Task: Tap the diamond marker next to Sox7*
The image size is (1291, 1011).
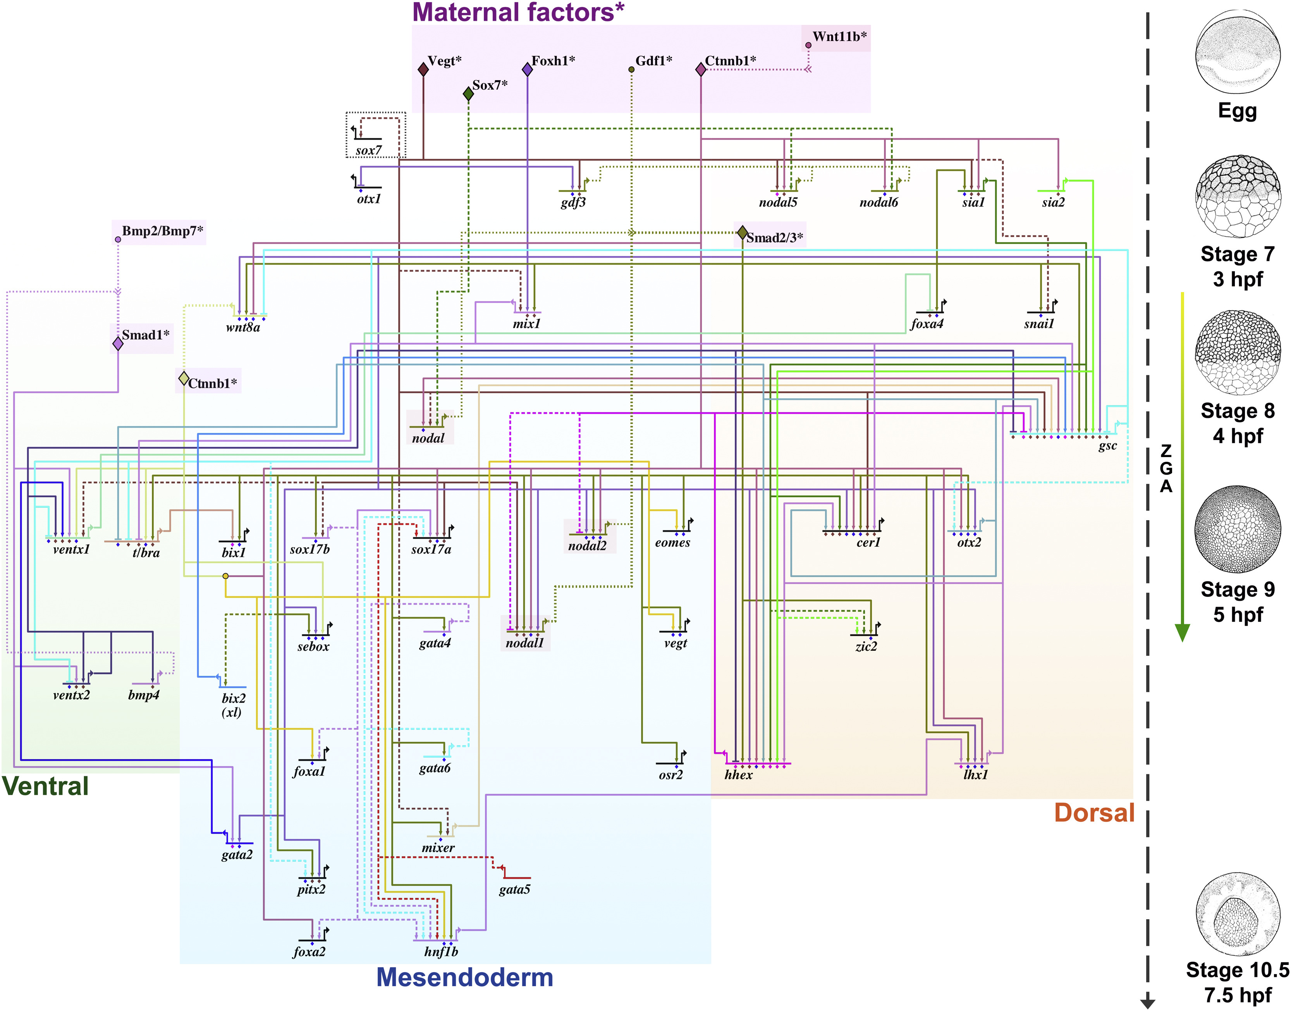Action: coord(468,93)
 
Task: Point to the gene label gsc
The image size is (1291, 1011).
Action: coord(1107,446)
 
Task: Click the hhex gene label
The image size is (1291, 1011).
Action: coord(738,774)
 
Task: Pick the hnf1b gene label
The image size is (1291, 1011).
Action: coord(441,951)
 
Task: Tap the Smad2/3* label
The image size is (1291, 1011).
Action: coord(774,238)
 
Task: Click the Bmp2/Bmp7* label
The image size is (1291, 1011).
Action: coord(162,231)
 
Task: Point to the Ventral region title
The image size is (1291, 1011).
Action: coord(46,786)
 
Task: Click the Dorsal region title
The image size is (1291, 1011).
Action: coord(1094,813)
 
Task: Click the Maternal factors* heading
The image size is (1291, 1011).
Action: coord(518,12)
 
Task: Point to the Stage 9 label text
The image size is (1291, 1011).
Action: coord(1237,590)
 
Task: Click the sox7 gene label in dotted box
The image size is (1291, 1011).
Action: coord(368,150)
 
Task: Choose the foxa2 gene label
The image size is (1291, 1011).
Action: coord(309,951)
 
